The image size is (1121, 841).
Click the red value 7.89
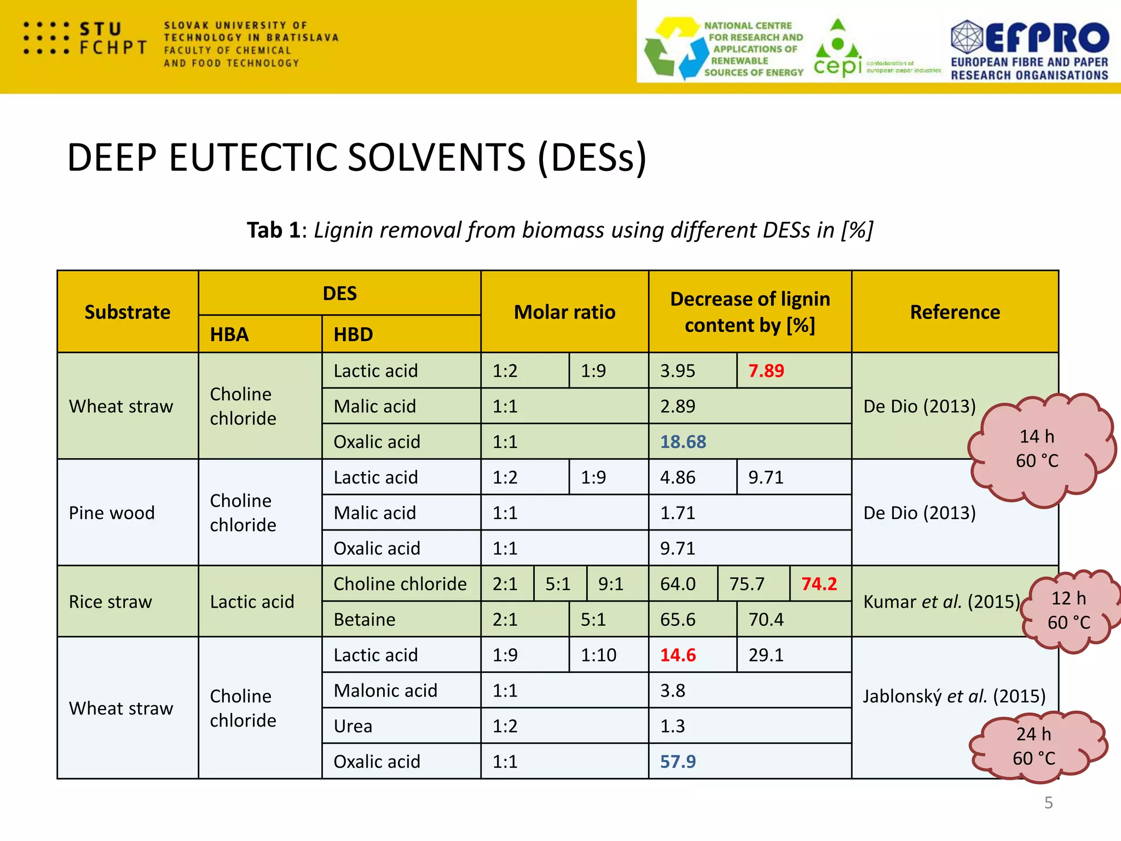(x=766, y=371)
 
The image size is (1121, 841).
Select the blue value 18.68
(x=683, y=442)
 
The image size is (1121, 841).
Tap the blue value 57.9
(x=677, y=762)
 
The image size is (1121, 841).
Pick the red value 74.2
(x=819, y=584)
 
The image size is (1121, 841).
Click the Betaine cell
(x=365, y=619)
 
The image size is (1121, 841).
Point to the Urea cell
(x=353, y=726)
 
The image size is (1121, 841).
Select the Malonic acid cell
(x=385, y=690)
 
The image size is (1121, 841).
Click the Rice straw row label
(x=111, y=602)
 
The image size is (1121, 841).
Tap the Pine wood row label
(x=112, y=513)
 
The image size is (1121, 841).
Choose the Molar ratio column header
(x=564, y=312)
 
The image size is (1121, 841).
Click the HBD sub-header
(x=354, y=335)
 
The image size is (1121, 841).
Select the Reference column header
(x=955, y=312)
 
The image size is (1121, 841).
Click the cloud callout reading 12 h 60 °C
(x=1068, y=610)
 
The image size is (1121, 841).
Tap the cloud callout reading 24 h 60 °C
(x=1034, y=746)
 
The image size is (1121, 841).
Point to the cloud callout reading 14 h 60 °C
(x=1037, y=448)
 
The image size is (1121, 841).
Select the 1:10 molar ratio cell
(x=598, y=655)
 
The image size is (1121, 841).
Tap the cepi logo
(x=838, y=55)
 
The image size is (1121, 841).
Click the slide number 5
(x=1048, y=803)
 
